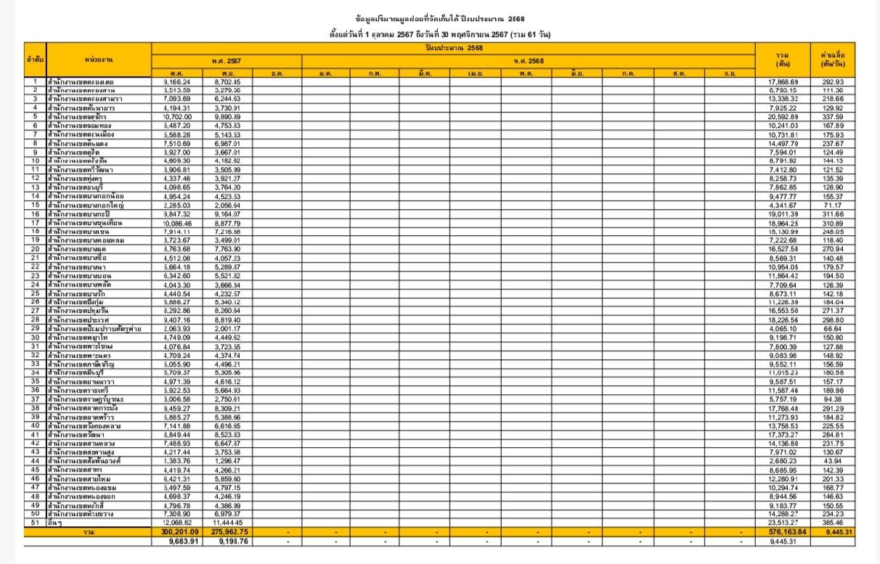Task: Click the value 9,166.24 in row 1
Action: pos(178,81)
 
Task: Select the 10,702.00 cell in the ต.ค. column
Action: pos(178,117)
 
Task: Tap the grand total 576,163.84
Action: pos(782,532)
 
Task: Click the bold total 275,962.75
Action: pos(225,532)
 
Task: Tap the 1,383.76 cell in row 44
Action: pos(178,461)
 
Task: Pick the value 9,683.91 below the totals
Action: pos(177,541)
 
